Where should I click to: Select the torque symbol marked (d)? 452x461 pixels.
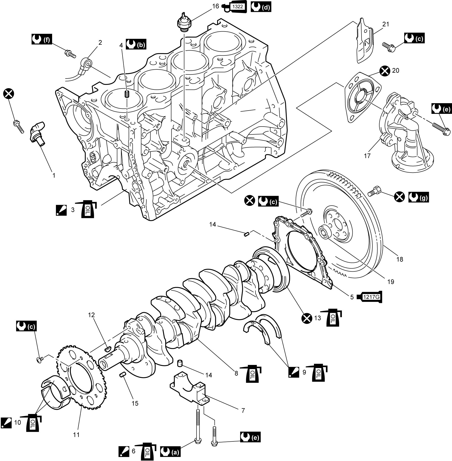click(x=261, y=7)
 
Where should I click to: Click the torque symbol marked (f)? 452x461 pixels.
click(x=42, y=39)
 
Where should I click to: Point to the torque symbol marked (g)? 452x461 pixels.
click(x=418, y=197)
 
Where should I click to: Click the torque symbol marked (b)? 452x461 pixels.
click(x=136, y=44)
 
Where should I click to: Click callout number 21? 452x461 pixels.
click(x=386, y=24)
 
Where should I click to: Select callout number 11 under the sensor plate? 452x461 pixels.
click(x=76, y=435)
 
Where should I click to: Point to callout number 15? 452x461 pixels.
click(x=135, y=403)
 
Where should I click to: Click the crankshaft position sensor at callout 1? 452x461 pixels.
click(x=37, y=133)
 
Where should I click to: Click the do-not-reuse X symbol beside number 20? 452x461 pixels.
click(x=385, y=71)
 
